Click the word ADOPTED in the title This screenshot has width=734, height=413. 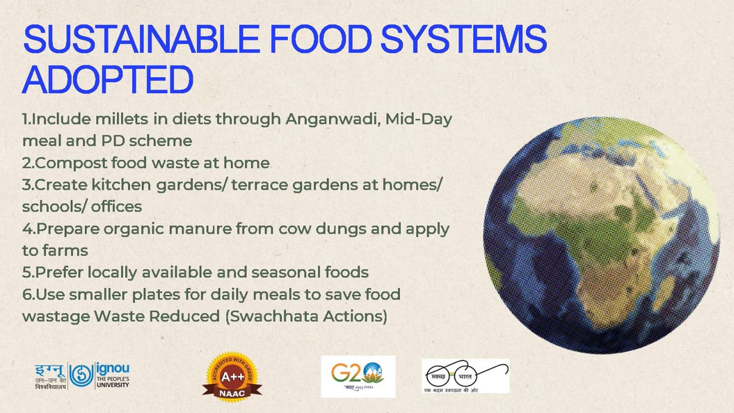point(108,80)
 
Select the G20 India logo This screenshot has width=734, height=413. point(358,376)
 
